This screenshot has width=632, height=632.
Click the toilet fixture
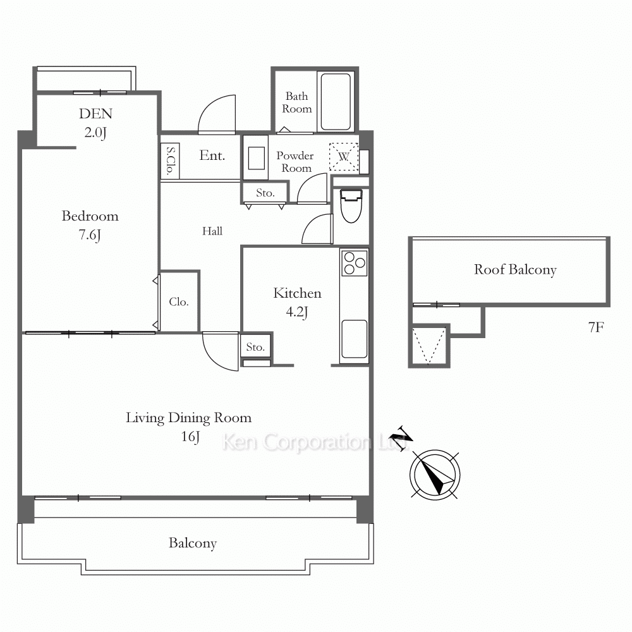(x=351, y=205)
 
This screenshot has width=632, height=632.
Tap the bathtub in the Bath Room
(x=336, y=101)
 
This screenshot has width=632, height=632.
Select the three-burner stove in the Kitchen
(x=355, y=263)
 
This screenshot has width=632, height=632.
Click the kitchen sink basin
(x=355, y=339)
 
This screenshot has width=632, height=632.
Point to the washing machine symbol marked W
(x=343, y=156)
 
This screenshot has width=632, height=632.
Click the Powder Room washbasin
(x=256, y=158)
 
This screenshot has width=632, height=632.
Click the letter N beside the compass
(x=401, y=438)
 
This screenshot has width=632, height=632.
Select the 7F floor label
(x=596, y=327)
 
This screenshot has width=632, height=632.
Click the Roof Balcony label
(x=515, y=269)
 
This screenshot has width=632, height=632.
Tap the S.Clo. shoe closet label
(x=171, y=161)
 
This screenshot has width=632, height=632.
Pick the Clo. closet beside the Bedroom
(x=179, y=301)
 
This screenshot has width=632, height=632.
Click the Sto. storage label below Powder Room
(x=265, y=193)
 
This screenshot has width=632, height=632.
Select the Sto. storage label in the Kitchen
(x=255, y=347)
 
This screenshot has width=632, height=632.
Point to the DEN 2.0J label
(x=95, y=123)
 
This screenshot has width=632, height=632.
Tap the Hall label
(x=212, y=231)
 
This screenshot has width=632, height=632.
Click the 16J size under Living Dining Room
(x=190, y=437)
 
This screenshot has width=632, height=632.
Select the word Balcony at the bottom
(x=193, y=544)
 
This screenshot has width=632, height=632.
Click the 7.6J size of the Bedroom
(x=90, y=234)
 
